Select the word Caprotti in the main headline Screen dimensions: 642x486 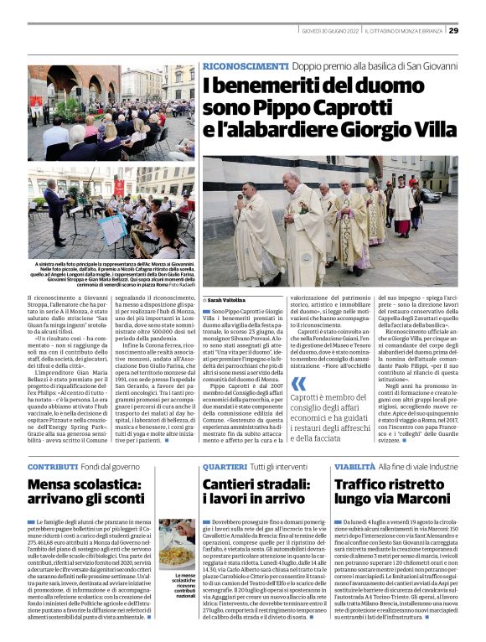pos(376,106)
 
